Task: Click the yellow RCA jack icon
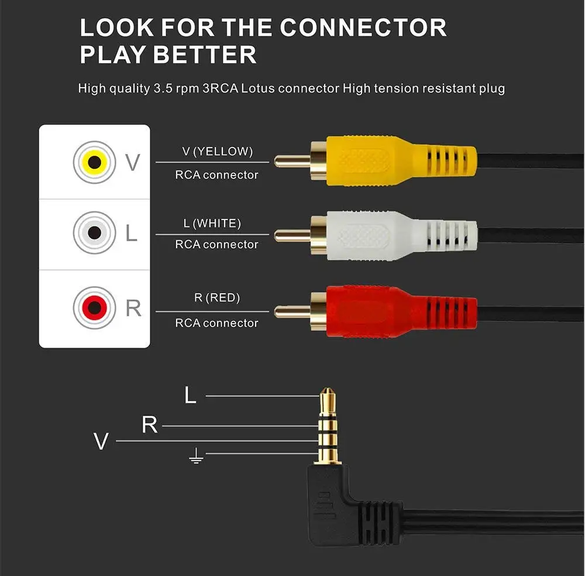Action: point(94,162)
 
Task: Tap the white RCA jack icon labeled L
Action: point(94,233)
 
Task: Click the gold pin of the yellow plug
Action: point(291,159)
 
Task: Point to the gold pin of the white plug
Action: point(291,235)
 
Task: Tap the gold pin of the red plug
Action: point(291,311)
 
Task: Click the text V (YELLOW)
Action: point(217,152)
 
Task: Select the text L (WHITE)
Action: point(212,223)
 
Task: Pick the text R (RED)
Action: point(217,298)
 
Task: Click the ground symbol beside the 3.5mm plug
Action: point(196,457)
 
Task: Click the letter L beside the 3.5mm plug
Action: point(190,396)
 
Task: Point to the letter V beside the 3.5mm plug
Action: point(101,441)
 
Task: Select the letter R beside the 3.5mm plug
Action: point(150,426)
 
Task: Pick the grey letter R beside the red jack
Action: point(133,307)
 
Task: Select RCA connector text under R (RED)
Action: point(216,323)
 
